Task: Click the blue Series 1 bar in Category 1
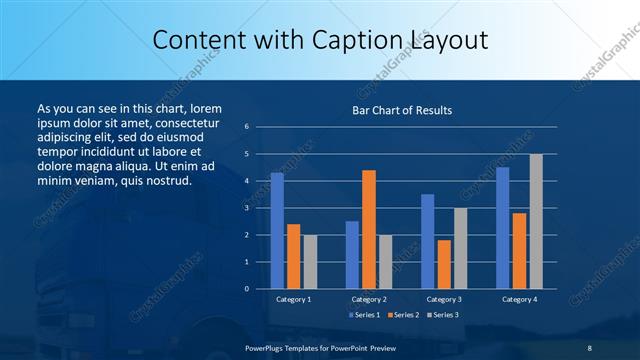pos(277,231)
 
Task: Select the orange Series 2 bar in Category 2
pos(369,229)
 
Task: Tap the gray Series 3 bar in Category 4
pos(536,221)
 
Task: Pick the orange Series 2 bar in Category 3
pos(444,264)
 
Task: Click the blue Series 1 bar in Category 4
pos(502,228)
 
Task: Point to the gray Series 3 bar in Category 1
pos(310,262)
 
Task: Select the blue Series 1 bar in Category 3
pos(427,241)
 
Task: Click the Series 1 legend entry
pos(364,315)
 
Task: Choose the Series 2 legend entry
pos(402,315)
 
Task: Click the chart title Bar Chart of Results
pos(402,110)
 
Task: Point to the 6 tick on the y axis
pos(247,127)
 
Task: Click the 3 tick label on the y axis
pos(247,208)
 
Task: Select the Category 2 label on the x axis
pos(368,299)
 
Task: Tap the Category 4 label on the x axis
pos(518,299)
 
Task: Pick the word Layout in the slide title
pos(446,41)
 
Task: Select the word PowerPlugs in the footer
pos(267,347)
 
